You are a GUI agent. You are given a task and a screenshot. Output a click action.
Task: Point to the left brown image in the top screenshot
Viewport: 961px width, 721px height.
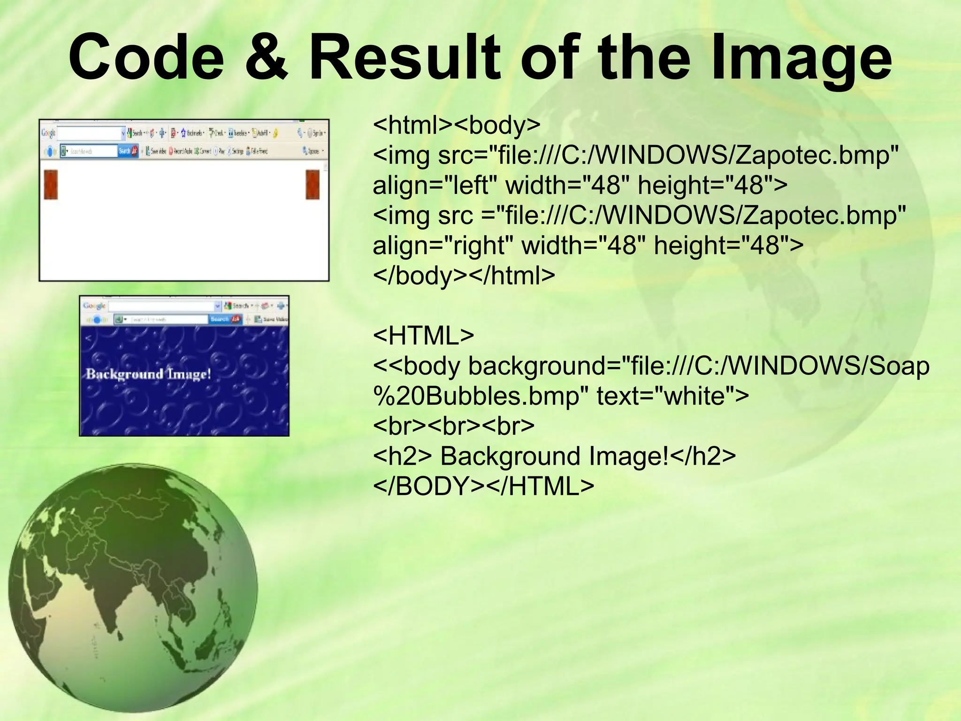[x=51, y=184]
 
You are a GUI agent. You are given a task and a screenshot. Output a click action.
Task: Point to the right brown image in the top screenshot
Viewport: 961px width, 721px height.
[x=313, y=184]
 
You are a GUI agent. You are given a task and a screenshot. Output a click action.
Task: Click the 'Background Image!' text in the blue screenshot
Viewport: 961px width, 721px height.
[x=148, y=374]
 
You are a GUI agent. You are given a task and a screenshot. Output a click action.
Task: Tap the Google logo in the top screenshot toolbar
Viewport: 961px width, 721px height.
[x=48, y=133]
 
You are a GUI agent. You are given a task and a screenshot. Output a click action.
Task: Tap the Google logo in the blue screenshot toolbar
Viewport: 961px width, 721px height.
[x=94, y=306]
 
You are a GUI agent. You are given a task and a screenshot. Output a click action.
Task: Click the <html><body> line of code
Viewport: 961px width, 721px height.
[x=457, y=125]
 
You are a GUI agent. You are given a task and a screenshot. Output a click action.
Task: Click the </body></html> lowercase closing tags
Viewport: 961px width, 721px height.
[x=464, y=276]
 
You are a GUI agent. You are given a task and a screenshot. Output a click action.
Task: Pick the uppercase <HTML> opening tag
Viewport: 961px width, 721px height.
[x=423, y=336]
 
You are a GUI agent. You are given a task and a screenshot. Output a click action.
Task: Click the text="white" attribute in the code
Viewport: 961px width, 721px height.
[x=672, y=396]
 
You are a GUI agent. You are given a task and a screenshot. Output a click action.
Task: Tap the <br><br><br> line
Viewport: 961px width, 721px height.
[x=453, y=426]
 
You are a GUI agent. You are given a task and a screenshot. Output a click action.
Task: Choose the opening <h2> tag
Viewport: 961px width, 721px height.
[x=402, y=456]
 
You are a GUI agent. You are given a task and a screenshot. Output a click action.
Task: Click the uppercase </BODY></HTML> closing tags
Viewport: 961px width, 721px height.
[x=483, y=486]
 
